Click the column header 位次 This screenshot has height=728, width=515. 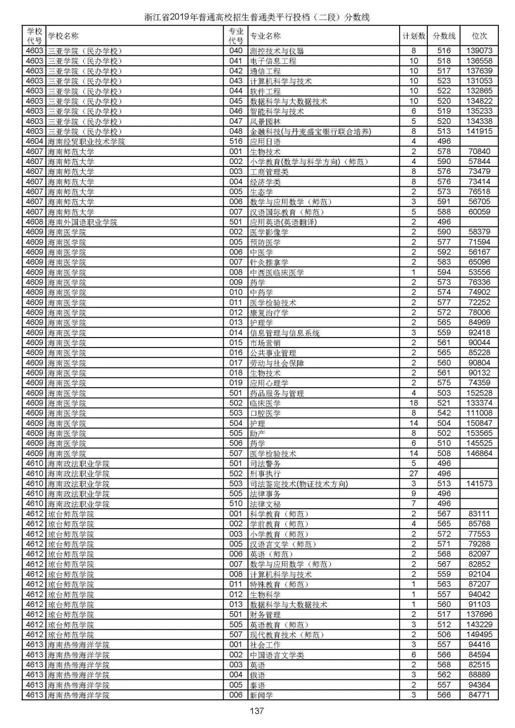(479, 36)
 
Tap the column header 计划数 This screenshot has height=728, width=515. (413, 36)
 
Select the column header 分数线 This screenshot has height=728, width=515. (444, 36)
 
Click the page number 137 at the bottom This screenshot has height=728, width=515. (257, 711)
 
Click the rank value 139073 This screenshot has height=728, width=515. (479, 51)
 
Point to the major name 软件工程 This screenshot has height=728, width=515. (265, 91)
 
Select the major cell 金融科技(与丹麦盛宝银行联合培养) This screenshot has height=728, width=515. (310, 131)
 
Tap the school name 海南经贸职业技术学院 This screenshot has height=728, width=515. (86, 142)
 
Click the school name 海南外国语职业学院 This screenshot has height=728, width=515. (82, 222)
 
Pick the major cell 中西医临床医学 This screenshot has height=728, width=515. (277, 272)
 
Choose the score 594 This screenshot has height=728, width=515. (444, 272)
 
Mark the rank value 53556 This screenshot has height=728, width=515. (479, 272)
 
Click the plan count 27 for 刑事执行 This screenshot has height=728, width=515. (413, 473)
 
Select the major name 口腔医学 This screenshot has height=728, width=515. (265, 413)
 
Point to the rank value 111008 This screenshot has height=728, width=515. (479, 413)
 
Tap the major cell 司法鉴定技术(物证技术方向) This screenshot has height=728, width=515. (299, 484)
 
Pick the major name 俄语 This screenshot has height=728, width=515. (257, 675)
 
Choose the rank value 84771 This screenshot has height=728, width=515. (479, 695)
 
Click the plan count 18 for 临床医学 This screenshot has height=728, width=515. (413, 403)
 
